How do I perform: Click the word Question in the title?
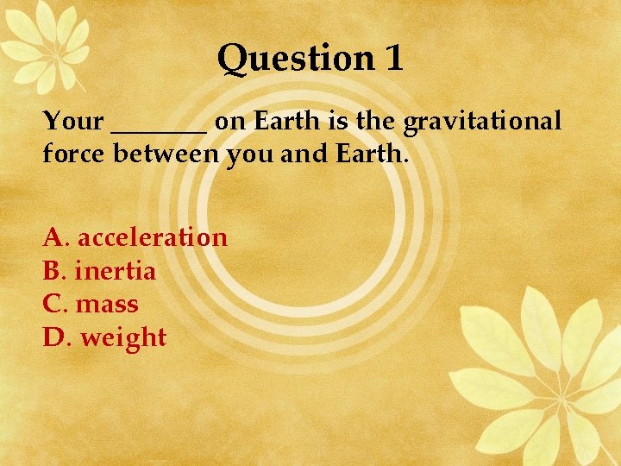(x=293, y=59)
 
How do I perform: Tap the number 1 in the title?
(x=392, y=58)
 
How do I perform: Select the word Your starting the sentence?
(x=73, y=121)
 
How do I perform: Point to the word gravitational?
(x=483, y=122)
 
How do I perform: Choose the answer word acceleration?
(x=152, y=237)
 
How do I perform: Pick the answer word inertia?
(x=116, y=271)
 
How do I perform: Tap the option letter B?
(x=52, y=271)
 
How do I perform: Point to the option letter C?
(x=52, y=305)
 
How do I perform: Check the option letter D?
(x=53, y=337)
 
